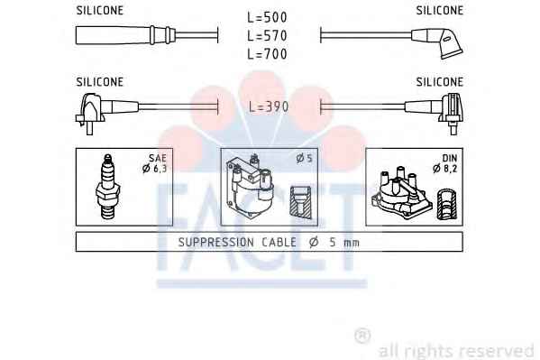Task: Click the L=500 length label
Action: point(267,17)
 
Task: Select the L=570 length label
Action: point(267,35)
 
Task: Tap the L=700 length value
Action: point(267,54)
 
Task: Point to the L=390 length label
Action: point(269,106)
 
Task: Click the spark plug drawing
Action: point(108,187)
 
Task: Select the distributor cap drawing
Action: point(401,194)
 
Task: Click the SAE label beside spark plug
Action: point(158,158)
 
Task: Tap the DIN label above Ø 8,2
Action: point(450,158)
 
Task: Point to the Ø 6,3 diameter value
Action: point(155,169)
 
